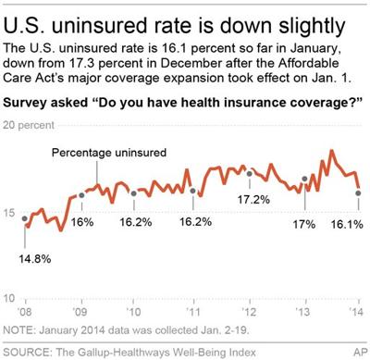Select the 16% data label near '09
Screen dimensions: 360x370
pos(82,223)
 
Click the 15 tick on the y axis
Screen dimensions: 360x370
pos(10,214)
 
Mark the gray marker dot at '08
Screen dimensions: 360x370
pos(25,218)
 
